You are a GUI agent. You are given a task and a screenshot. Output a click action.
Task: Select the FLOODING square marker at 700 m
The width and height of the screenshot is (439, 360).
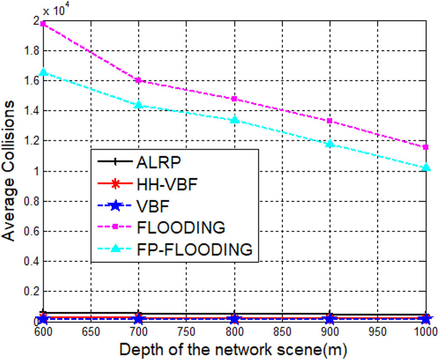[139, 80]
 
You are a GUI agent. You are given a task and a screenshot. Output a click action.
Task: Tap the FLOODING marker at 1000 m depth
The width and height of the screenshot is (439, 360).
[425, 147]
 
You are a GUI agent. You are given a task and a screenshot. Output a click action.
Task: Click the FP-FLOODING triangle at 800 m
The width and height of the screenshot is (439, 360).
[234, 120]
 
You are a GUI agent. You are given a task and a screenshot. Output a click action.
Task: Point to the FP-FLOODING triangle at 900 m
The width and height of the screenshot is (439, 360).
[330, 143]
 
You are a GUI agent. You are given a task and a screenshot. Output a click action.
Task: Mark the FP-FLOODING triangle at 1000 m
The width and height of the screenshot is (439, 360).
[425, 167]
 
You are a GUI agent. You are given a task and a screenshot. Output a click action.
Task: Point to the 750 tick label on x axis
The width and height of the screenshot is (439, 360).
[186, 332]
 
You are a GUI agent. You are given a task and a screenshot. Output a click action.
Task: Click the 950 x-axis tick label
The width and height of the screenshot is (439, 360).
[378, 332]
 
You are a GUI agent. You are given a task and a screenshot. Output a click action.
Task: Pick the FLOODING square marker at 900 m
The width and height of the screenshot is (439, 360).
[330, 120]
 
